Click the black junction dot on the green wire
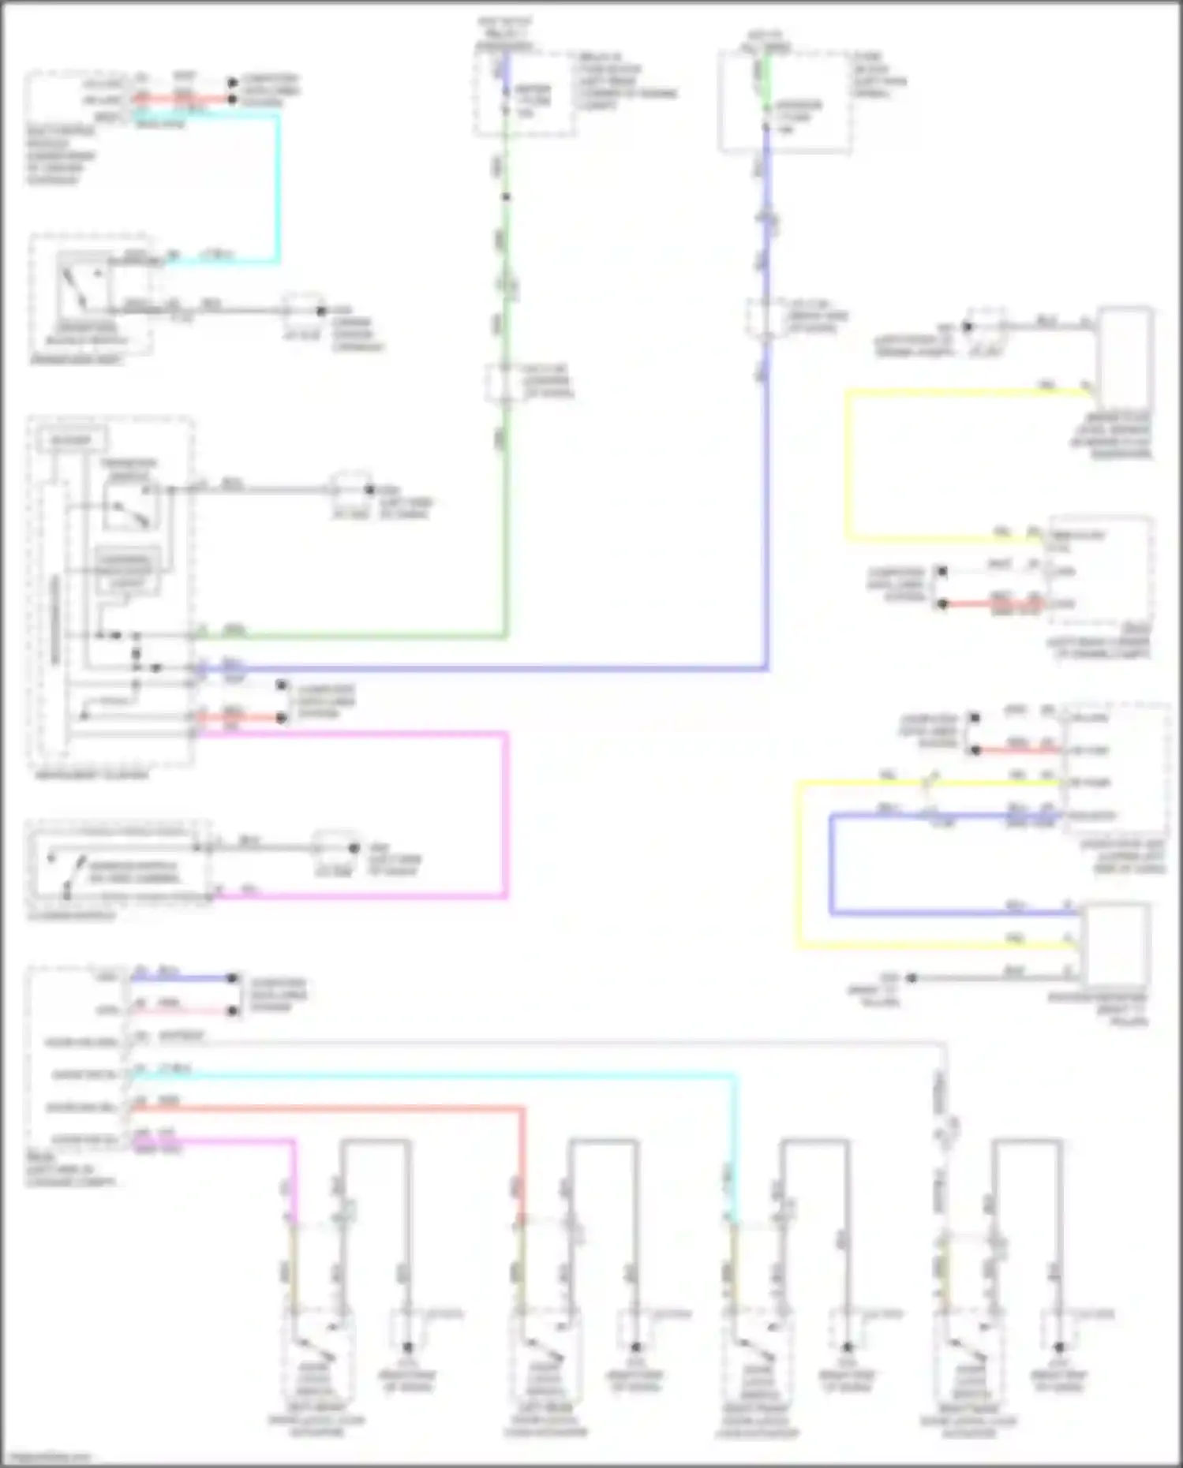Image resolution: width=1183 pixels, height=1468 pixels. pyautogui.click(x=506, y=196)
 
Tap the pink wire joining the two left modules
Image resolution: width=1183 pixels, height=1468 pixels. pyautogui.click(x=505, y=812)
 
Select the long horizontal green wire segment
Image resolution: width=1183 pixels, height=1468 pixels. pyautogui.click(x=355, y=635)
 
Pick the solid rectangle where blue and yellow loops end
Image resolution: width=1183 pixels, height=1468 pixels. pyautogui.click(x=1115, y=943)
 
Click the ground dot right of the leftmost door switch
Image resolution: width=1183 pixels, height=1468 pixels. pyautogui.click(x=408, y=1347)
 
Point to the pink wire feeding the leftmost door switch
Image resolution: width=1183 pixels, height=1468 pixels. pyautogui.click(x=293, y=1175)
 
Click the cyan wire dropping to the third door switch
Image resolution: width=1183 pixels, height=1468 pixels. pyautogui.click(x=736, y=1144)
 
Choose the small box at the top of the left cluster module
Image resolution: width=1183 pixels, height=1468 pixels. pyautogui.click(x=72, y=439)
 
